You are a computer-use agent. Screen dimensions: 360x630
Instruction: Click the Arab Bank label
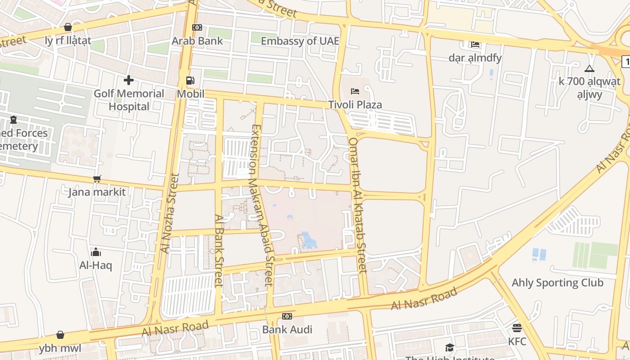click(x=197, y=41)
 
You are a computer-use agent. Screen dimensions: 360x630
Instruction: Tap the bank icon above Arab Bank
click(x=197, y=27)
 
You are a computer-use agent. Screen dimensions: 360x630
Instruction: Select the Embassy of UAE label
click(x=300, y=41)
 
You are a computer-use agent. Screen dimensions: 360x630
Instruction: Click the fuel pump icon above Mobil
click(x=190, y=81)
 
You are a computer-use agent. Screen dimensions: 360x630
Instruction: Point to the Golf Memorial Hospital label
click(x=129, y=100)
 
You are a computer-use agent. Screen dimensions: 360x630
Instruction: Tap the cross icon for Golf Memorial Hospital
click(x=129, y=80)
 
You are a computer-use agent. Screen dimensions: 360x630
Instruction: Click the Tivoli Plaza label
click(x=355, y=105)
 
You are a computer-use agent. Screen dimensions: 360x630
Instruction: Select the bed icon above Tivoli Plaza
click(x=355, y=91)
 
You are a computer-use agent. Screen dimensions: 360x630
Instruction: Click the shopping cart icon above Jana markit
click(x=97, y=179)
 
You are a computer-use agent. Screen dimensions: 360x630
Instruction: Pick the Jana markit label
click(x=97, y=192)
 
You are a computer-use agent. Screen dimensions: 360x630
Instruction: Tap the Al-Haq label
click(x=95, y=265)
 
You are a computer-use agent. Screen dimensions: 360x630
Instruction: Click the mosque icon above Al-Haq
click(x=95, y=252)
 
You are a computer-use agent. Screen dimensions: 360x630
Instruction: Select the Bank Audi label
click(x=287, y=329)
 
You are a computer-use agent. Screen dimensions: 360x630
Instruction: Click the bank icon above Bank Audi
click(x=287, y=316)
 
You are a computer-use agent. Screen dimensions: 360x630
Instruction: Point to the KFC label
click(x=517, y=342)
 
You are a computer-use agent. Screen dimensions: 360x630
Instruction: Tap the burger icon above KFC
click(x=517, y=328)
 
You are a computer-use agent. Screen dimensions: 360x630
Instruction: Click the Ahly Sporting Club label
click(x=558, y=283)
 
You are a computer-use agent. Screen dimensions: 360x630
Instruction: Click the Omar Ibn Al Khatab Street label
click(x=358, y=205)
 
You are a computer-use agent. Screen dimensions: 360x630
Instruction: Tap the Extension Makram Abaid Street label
click(x=262, y=205)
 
